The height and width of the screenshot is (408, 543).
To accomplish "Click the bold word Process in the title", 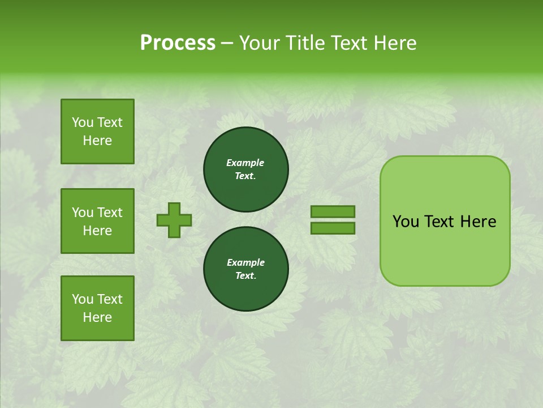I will point(178,43).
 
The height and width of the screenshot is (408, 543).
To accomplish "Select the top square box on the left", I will point(97,131).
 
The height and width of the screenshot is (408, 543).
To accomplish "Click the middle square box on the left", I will point(97,221).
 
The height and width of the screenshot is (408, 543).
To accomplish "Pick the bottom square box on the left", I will point(97,308).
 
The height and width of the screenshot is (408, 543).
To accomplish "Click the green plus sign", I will point(174,220).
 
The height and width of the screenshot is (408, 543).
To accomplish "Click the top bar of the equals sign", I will point(333,211).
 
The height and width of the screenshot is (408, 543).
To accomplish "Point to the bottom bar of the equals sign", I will point(333,228).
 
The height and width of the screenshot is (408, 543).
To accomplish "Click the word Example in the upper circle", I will point(245,163).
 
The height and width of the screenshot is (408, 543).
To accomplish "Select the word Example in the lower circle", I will point(245,262).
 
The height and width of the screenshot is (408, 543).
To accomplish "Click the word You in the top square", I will point(83,122).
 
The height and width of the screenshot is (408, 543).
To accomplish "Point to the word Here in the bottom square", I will point(97,317).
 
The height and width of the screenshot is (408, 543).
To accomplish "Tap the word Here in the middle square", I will point(97,231).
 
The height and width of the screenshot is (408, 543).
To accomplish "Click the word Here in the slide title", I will point(394,43).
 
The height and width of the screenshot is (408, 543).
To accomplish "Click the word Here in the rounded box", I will point(478,222).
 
